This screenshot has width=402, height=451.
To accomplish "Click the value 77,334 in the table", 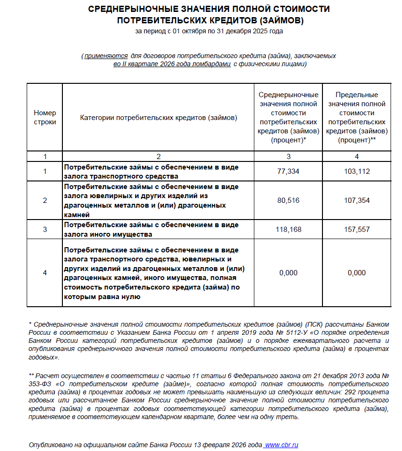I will click(x=288, y=171).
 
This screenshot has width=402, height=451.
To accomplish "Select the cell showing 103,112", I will click(x=356, y=171).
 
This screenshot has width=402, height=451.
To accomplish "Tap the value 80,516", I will click(x=288, y=200).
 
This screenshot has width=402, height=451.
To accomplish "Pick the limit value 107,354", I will click(x=356, y=200).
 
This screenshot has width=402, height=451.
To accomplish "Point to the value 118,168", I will click(x=288, y=230).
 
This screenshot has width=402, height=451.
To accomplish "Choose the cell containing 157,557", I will click(x=356, y=230).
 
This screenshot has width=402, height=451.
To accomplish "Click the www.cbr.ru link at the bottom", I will click(x=281, y=444).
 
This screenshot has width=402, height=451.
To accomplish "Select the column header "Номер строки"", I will click(x=45, y=117).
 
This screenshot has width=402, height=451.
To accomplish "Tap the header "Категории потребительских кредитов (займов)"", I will click(x=158, y=117).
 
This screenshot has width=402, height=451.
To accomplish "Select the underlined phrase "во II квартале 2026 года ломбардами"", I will click(x=172, y=64).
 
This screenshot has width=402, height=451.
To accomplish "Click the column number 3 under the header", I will click(x=288, y=156).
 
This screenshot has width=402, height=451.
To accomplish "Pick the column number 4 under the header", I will click(x=356, y=156).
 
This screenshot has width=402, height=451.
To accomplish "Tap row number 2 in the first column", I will click(x=45, y=200).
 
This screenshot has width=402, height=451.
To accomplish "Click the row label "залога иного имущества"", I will click(x=108, y=234).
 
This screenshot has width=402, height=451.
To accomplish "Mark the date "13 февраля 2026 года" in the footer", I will click(x=228, y=444).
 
